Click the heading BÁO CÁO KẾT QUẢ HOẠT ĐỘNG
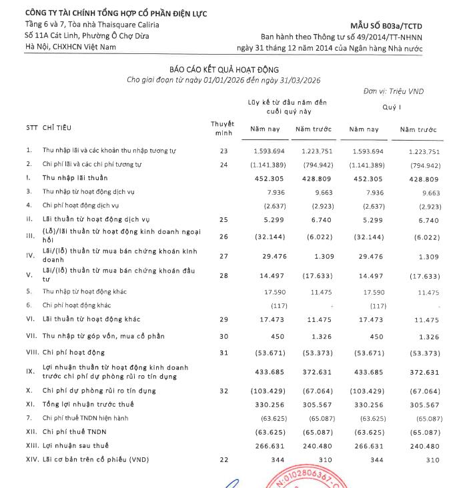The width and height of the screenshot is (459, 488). tap(224, 69)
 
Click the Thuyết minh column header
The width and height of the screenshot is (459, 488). tap(222, 127)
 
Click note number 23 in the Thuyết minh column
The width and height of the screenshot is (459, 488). tap(223, 151)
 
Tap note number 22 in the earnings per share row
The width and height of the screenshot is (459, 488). tap(223, 461)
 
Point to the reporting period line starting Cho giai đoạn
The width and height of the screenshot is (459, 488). tap(224, 80)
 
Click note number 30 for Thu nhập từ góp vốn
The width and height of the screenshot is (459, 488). tap(223, 336)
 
